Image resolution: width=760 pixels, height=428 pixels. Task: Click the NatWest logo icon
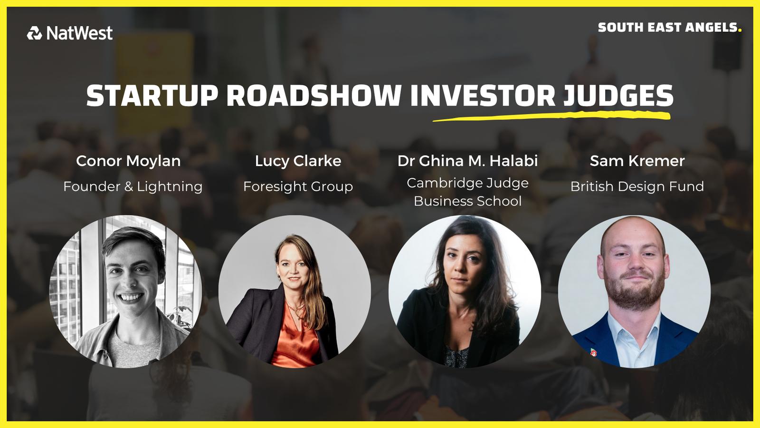coord(34,33)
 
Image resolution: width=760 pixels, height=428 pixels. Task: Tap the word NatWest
coord(79,33)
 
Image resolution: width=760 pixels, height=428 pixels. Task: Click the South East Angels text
coord(669,28)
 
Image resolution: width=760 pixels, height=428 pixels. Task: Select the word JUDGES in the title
coord(618,96)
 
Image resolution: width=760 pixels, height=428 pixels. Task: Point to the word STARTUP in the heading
coord(152,96)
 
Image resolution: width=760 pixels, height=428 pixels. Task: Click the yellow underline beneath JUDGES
coord(551,117)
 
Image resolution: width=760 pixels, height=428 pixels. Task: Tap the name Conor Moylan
coord(128,161)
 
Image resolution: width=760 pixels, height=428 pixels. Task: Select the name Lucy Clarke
coord(298,161)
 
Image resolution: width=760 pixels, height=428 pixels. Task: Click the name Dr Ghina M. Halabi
coord(467,161)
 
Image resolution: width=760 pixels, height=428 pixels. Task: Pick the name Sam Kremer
coord(637,161)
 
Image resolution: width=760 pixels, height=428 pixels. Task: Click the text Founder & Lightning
coord(133,187)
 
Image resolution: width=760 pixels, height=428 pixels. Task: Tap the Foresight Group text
coord(298,187)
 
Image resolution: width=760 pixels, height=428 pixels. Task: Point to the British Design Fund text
coord(637,186)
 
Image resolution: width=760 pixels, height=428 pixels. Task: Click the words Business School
coord(467,201)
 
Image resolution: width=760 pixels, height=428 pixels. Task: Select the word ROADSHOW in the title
coord(314,96)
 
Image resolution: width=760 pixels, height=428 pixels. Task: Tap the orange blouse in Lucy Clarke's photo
coord(294,340)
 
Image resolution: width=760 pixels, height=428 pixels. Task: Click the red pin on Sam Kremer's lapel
coord(593,352)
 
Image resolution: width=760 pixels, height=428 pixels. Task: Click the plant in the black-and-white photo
coord(180,316)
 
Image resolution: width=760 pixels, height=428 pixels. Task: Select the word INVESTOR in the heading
coord(483,96)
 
